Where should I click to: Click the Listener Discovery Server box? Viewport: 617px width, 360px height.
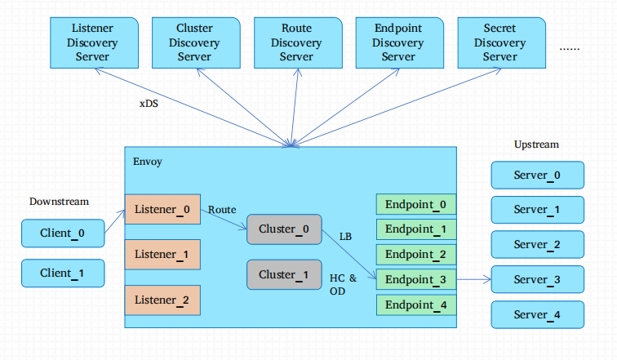tap(91, 42)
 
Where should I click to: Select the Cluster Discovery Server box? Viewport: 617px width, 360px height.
tap(193, 42)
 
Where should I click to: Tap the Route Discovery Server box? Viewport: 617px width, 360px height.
tap(295, 42)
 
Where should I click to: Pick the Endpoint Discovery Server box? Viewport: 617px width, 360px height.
tap(398, 42)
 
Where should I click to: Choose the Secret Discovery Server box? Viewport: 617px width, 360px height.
tap(499, 42)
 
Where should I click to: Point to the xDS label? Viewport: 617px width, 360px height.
tap(149, 104)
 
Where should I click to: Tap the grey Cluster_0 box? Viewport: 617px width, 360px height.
tap(284, 229)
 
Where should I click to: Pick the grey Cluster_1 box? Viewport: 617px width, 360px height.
tap(284, 274)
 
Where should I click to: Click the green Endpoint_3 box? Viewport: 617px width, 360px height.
tap(415, 280)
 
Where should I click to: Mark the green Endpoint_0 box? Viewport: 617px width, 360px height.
tap(415, 205)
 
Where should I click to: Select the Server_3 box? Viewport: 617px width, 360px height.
tap(537, 280)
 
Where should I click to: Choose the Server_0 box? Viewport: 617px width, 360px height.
tap(537, 175)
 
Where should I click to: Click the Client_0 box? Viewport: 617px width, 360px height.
tap(62, 233)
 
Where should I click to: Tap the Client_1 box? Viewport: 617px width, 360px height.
tap(62, 273)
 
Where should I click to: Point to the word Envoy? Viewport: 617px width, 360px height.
tap(147, 162)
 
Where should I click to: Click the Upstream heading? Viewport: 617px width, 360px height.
tap(536, 144)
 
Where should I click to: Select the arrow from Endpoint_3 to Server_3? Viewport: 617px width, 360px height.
tap(473, 280)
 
